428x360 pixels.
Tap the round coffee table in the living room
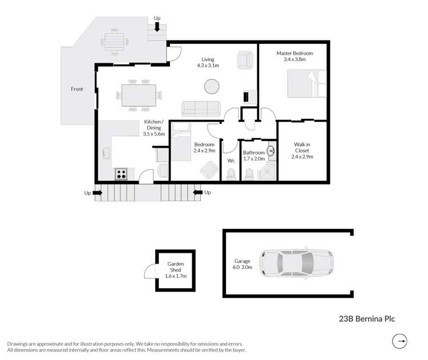coord(212,87)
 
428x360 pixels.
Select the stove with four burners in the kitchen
coord(122,174)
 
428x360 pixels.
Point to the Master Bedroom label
coord(294,56)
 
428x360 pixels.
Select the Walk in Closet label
coord(302,151)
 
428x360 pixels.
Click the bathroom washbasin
coord(271,152)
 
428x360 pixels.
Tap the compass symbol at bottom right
coord(402,341)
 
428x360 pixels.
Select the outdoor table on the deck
coord(114,42)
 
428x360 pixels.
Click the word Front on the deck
coord(76,89)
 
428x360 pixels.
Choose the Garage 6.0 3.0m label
coord(243,264)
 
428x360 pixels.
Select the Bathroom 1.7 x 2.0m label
coord(254,156)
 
